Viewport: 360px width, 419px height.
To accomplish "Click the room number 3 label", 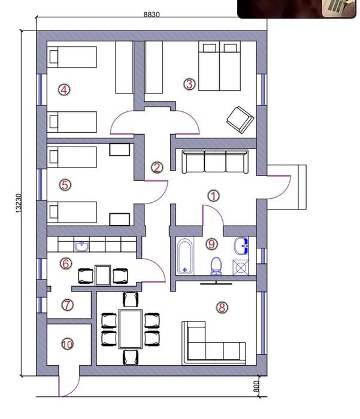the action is (x=189, y=84).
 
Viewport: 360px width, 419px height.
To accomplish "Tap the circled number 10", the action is (x=68, y=344).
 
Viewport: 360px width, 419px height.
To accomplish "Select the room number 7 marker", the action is (x=67, y=305).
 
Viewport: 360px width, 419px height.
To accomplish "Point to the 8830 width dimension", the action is (x=152, y=14).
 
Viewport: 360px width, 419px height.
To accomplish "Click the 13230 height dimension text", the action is (x=18, y=203).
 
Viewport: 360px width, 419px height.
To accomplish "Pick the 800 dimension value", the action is (x=256, y=387).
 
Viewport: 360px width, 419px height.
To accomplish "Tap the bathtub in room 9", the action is (x=185, y=257).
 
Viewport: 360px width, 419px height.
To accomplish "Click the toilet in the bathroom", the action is (x=216, y=266).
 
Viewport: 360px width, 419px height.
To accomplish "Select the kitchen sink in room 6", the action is (x=82, y=247).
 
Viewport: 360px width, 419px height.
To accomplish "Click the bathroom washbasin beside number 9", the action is (x=241, y=246).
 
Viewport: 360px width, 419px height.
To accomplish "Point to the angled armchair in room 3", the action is (x=240, y=120).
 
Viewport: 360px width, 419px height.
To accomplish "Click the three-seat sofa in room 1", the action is (x=215, y=162).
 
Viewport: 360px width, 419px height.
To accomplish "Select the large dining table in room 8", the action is (x=131, y=329).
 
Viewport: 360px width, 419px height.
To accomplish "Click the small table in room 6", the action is (x=102, y=275).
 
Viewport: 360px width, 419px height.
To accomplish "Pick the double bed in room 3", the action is (x=219, y=66).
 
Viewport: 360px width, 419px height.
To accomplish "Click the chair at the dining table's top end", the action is (x=131, y=299).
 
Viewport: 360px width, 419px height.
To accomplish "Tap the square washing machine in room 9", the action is (x=241, y=268).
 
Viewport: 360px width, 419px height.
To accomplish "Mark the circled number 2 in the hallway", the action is (x=157, y=168).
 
